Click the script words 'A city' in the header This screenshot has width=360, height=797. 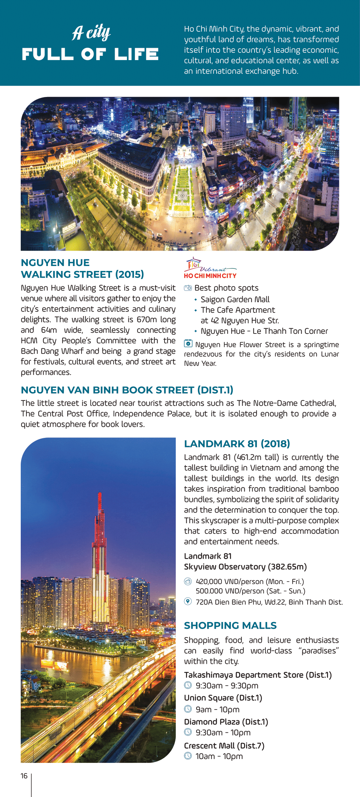coord(91,33)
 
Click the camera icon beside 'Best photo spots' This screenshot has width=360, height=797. coord(188,288)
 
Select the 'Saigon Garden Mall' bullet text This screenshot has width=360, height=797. coord(235,299)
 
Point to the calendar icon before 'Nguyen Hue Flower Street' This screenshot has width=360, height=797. coord(188,344)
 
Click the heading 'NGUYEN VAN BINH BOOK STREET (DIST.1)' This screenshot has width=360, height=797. coord(127,390)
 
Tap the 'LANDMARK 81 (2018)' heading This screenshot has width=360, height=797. coord(237,444)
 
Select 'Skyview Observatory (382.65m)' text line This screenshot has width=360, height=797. coord(245,567)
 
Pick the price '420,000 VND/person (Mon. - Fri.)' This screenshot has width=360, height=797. coord(250,582)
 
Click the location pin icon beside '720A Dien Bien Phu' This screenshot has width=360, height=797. coord(188,601)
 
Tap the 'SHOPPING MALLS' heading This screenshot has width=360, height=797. coord(230,626)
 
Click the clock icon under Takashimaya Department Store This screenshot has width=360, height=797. coord(188,685)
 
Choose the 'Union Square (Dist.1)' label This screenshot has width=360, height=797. coord(223,698)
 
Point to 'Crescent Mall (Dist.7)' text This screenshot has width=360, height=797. coord(224,746)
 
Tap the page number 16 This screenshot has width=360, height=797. coord(24,776)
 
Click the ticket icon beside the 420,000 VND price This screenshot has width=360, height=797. coord(188,581)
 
